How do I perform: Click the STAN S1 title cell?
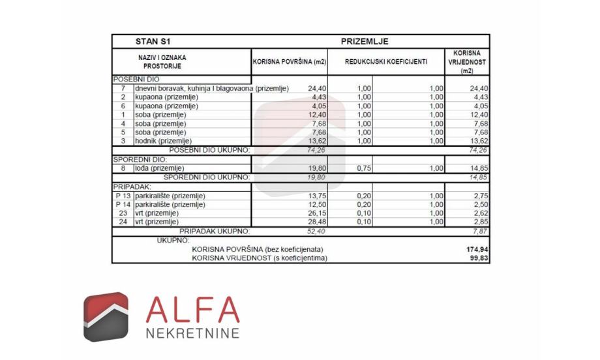tap(153, 41)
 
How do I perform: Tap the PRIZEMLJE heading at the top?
tap(365, 41)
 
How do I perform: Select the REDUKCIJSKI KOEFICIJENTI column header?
tap(386, 62)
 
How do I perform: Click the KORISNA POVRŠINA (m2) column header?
tap(290, 62)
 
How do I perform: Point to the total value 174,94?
tap(475, 249)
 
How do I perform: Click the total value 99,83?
tap(477, 258)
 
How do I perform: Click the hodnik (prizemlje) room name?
tap(163, 140)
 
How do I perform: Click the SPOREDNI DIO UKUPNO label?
tap(206, 177)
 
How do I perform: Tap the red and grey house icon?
tap(106, 316)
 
